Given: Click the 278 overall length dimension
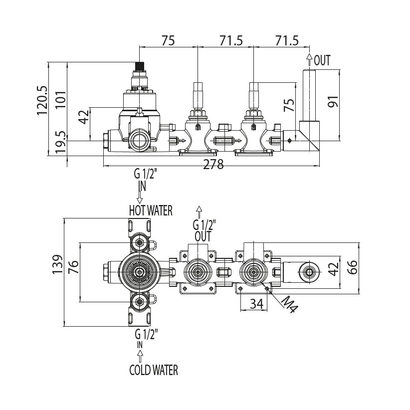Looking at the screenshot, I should [213, 165].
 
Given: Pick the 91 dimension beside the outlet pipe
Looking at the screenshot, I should [333, 102].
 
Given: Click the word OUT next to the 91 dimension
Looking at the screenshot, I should [322, 61].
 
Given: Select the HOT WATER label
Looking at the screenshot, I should [151, 210].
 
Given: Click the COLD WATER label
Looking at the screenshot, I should [153, 370].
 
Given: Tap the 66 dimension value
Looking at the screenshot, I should [353, 267].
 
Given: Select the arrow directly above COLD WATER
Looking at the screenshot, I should [140, 356].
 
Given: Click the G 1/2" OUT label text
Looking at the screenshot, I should [203, 230].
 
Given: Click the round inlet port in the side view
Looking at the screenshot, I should [140, 140].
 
